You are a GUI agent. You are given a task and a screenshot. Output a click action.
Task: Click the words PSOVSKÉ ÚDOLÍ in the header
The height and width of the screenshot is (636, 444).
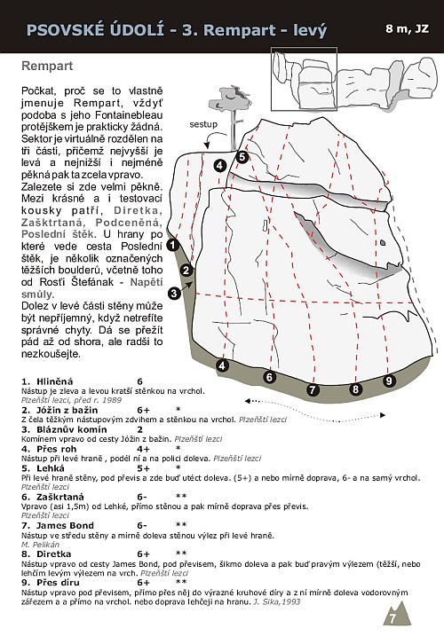pyautogui.click(x=95, y=30)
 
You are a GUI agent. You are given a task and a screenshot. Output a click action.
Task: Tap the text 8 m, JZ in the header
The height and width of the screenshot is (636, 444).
pyautogui.click(x=407, y=28)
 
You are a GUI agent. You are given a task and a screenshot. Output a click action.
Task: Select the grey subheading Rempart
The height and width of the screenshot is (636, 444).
pyautogui.click(x=47, y=66)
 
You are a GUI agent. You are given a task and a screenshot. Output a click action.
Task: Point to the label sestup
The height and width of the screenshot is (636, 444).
pyautogui.click(x=203, y=124)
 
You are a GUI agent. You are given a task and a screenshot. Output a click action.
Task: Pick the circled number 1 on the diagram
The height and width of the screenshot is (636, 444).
pyautogui.click(x=173, y=245)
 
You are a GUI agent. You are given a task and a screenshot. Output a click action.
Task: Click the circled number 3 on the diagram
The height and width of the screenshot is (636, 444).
pyautogui.click(x=174, y=294)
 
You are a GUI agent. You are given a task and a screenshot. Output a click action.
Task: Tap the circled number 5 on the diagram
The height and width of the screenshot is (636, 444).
pyautogui.click(x=242, y=157)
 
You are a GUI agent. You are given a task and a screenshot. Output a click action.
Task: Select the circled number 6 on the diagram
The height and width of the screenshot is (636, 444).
pyautogui.click(x=269, y=377)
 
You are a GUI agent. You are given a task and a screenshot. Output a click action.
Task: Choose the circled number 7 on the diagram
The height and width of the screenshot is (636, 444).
pyautogui.click(x=312, y=389)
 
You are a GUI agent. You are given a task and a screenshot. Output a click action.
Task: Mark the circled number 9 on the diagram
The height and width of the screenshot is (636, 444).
pyautogui.click(x=389, y=381)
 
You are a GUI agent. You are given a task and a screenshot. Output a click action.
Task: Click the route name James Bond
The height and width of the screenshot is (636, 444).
pyautogui.click(x=65, y=526)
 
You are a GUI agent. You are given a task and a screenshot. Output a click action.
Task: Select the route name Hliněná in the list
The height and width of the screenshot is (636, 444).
pyautogui.click(x=55, y=381)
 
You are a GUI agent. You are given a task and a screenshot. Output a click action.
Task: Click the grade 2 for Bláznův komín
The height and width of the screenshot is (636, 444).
pyautogui.click(x=139, y=429)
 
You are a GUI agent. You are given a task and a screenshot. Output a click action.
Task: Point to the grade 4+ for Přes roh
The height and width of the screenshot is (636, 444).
pyautogui.click(x=143, y=449)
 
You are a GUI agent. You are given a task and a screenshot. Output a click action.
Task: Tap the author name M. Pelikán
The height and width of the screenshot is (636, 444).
pyautogui.click(x=40, y=545)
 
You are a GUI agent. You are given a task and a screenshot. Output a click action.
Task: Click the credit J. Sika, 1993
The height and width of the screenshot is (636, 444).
pyautogui.click(x=277, y=601)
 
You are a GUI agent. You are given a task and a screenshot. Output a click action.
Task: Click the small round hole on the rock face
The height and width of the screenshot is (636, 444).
pyautogui.click(x=382, y=243)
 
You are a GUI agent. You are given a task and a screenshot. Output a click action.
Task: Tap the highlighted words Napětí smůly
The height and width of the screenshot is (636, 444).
pyautogui.click(x=91, y=287)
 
